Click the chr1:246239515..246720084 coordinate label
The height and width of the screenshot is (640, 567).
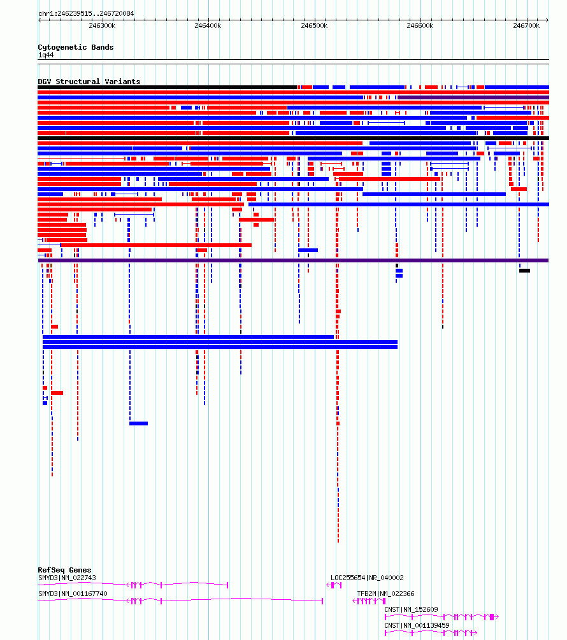(x=86, y=13)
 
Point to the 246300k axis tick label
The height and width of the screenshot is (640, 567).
(x=102, y=25)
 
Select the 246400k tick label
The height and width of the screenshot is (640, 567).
(x=208, y=25)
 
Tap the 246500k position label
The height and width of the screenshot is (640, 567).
(x=314, y=25)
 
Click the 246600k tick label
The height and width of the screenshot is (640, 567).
(x=420, y=25)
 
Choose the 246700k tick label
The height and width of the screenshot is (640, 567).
(x=526, y=25)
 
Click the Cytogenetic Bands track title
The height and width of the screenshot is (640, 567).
(x=76, y=47)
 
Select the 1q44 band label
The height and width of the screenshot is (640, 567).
(x=46, y=55)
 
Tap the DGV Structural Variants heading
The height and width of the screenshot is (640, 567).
(x=89, y=82)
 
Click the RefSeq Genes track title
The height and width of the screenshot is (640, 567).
(x=64, y=570)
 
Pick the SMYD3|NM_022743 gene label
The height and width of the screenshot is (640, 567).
(x=67, y=578)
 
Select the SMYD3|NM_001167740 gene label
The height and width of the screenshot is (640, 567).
(x=73, y=594)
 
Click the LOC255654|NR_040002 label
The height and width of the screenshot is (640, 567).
(x=367, y=578)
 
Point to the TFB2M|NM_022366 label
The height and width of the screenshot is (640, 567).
(x=386, y=594)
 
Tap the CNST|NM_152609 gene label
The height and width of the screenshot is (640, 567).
(x=411, y=609)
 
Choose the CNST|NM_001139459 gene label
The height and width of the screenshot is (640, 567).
(x=417, y=625)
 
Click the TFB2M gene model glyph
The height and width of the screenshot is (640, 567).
(x=369, y=601)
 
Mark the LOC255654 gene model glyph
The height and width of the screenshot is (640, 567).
(x=334, y=585)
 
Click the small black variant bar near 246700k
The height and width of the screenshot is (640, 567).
(x=524, y=271)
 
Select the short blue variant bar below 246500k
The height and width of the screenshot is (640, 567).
(x=308, y=250)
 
